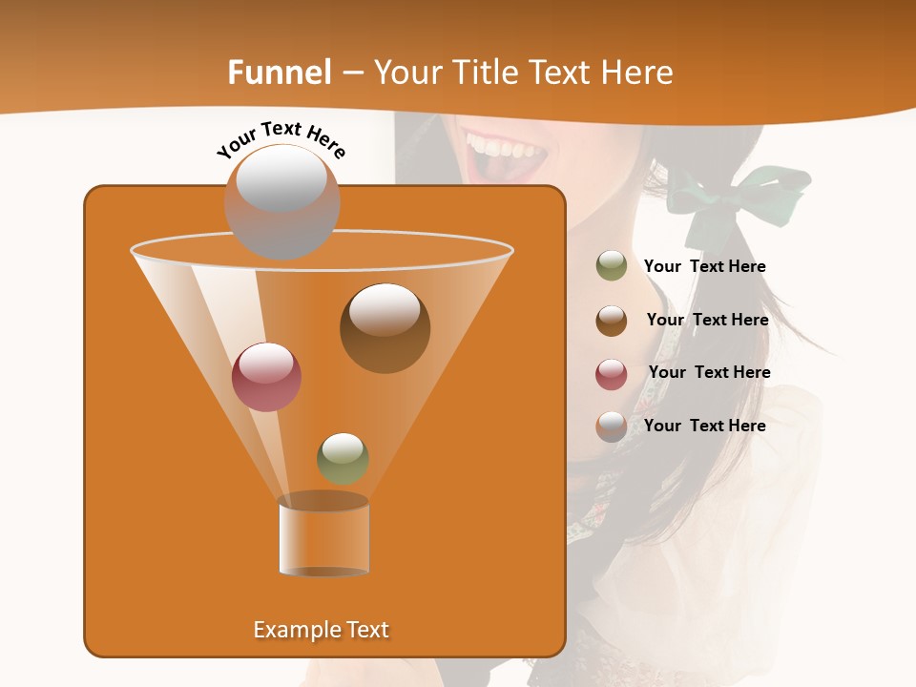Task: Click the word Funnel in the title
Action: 280,73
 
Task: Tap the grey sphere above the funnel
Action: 281,201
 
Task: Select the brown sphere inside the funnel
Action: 385,327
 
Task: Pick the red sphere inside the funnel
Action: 266,377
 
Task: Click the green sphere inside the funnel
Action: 343,458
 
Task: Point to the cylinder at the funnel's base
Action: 323,536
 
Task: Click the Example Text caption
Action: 321,630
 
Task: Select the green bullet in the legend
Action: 612,266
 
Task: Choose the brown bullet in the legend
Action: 612,321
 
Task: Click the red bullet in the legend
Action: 612,374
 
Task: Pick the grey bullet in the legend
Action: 612,427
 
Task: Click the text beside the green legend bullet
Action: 704,266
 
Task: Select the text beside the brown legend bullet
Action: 707,320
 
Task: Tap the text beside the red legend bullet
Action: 709,372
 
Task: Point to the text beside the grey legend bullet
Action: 704,426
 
